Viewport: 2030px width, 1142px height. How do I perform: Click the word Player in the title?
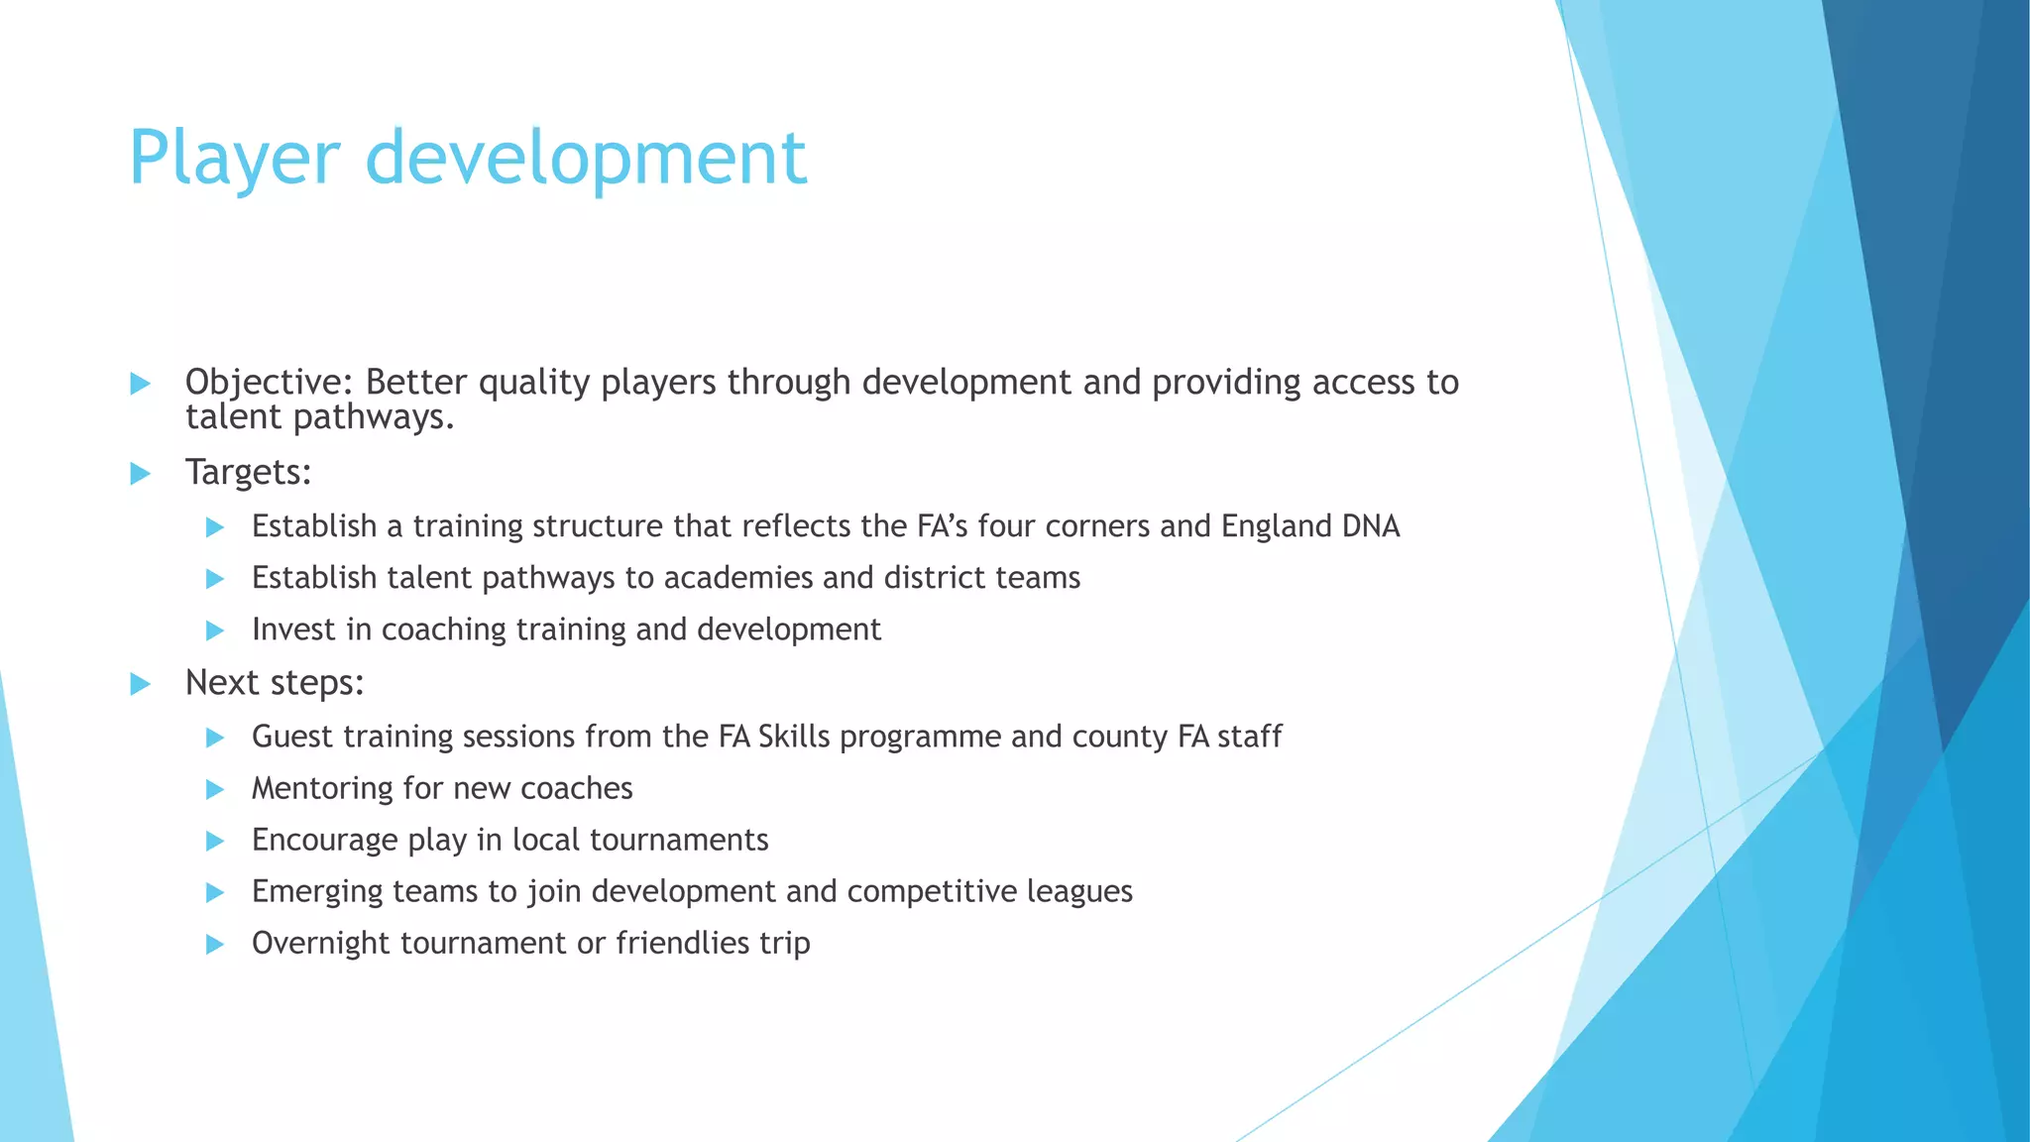tap(235, 159)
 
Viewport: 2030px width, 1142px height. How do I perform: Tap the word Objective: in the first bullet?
tap(269, 383)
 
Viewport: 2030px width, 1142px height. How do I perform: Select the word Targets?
tap(248, 473)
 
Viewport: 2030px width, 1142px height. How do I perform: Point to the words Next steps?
tap(275, 683)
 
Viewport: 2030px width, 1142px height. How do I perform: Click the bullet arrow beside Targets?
tap(141, 474)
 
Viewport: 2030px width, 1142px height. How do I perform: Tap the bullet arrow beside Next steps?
tap(141, 684)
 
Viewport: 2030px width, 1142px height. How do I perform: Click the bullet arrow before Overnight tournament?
tap(215, 945)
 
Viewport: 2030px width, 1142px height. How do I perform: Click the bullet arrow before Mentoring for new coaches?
tap(215, 790)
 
